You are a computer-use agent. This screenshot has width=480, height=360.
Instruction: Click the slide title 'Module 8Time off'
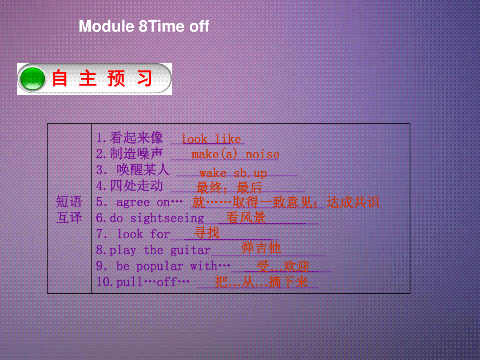[144, 26]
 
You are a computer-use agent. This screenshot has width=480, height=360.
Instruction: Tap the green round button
[32, 79]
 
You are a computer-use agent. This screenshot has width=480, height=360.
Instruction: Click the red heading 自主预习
[102, 78]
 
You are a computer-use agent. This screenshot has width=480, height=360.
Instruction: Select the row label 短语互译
[69, 209]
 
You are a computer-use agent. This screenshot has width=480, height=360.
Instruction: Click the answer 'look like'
[211, 139]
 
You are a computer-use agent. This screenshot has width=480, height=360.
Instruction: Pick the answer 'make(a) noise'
[235, 154]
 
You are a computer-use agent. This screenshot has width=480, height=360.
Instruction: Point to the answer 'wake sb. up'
[233, 174]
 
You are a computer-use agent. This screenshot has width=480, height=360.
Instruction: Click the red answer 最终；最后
[229, 188]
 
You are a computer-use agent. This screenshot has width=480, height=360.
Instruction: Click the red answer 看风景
[246, 218]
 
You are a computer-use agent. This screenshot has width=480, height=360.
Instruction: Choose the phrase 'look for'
[143, 234]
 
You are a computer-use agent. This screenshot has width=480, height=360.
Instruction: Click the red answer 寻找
[207, 232]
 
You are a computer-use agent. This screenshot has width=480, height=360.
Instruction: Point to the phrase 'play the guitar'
[160, 250]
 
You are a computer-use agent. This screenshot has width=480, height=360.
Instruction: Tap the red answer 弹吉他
[261, 248]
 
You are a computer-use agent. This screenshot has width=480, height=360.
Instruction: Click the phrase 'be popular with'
[167, 266]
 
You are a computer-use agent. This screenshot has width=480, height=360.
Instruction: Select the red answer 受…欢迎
[283, 266]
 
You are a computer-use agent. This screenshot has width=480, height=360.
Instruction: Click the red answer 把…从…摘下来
[262, 282]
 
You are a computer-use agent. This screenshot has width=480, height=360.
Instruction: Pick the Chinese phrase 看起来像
[136, 138]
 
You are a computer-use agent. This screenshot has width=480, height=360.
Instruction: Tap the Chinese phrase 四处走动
[136, 186]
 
